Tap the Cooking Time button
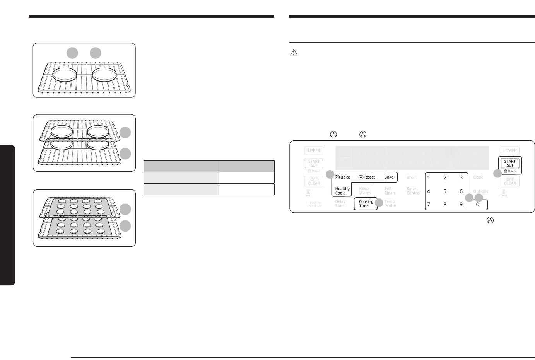(x=366, y=204)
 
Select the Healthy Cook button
(x=342, y=191)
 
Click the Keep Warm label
(x=364, y=191)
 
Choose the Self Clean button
(x=389, y=191)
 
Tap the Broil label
(x=411, y=177)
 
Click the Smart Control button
(x=413, y=191)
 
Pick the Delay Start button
(x=340, y=204)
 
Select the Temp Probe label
(x=390, y=204)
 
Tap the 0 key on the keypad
(x=477, y=204)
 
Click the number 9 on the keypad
(x=461, y=204)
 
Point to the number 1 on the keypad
(x=429, y=178)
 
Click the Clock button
(x=478, y=177)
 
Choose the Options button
(x=480, y=191)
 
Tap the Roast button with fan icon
(x=367, y=177)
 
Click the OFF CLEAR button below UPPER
(x=314, y=181)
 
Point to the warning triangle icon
(x=294, y=53)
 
